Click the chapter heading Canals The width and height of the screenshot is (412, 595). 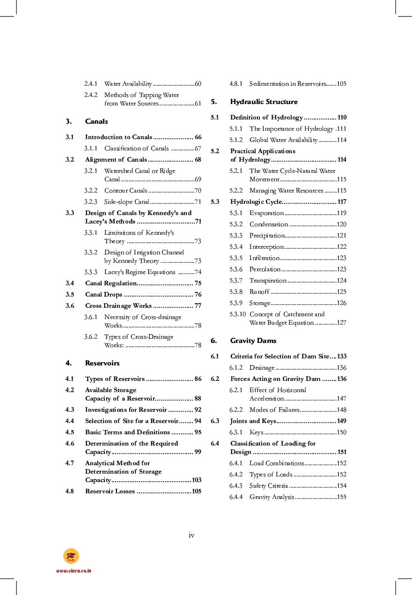pos(96,121)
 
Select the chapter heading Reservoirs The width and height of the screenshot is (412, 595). pos(102,363)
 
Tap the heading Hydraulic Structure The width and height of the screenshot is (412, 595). pos(264,102)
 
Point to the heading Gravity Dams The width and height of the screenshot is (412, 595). pos(253,341)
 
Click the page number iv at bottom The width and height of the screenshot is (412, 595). pos(191,535)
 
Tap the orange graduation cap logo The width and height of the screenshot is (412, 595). pos(71,556)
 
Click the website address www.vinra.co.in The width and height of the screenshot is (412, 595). pos(74,571)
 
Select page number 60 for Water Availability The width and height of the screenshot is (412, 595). pos(198,84)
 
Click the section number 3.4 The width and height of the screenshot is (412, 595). pos(70,283)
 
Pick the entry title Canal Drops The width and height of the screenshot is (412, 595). pos(103,295)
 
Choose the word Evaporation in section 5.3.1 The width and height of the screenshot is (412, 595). pos(266,213)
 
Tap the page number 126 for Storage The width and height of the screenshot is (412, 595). pos(341,303)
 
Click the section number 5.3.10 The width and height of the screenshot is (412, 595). pos(237,314)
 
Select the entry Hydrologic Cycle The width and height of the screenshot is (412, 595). pos(256,202)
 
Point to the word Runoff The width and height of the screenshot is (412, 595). pos(259,292)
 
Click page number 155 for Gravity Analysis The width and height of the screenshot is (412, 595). pos(341,497)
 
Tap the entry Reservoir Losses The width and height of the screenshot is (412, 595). pos(110,491)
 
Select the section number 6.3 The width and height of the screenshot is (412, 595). pos(215,421)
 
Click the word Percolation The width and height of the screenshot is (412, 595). pos(265,269)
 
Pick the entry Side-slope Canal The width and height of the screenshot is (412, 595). pos(126,202)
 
